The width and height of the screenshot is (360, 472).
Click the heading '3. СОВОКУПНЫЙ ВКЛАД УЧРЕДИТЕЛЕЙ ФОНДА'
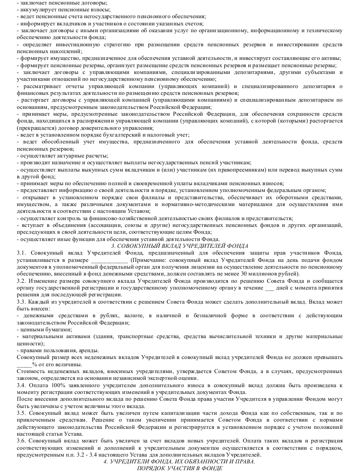pos(180,246)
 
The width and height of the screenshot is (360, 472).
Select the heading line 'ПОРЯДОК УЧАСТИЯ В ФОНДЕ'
pos(180,468)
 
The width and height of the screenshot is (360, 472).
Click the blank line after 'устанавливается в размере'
pos(109,261)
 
